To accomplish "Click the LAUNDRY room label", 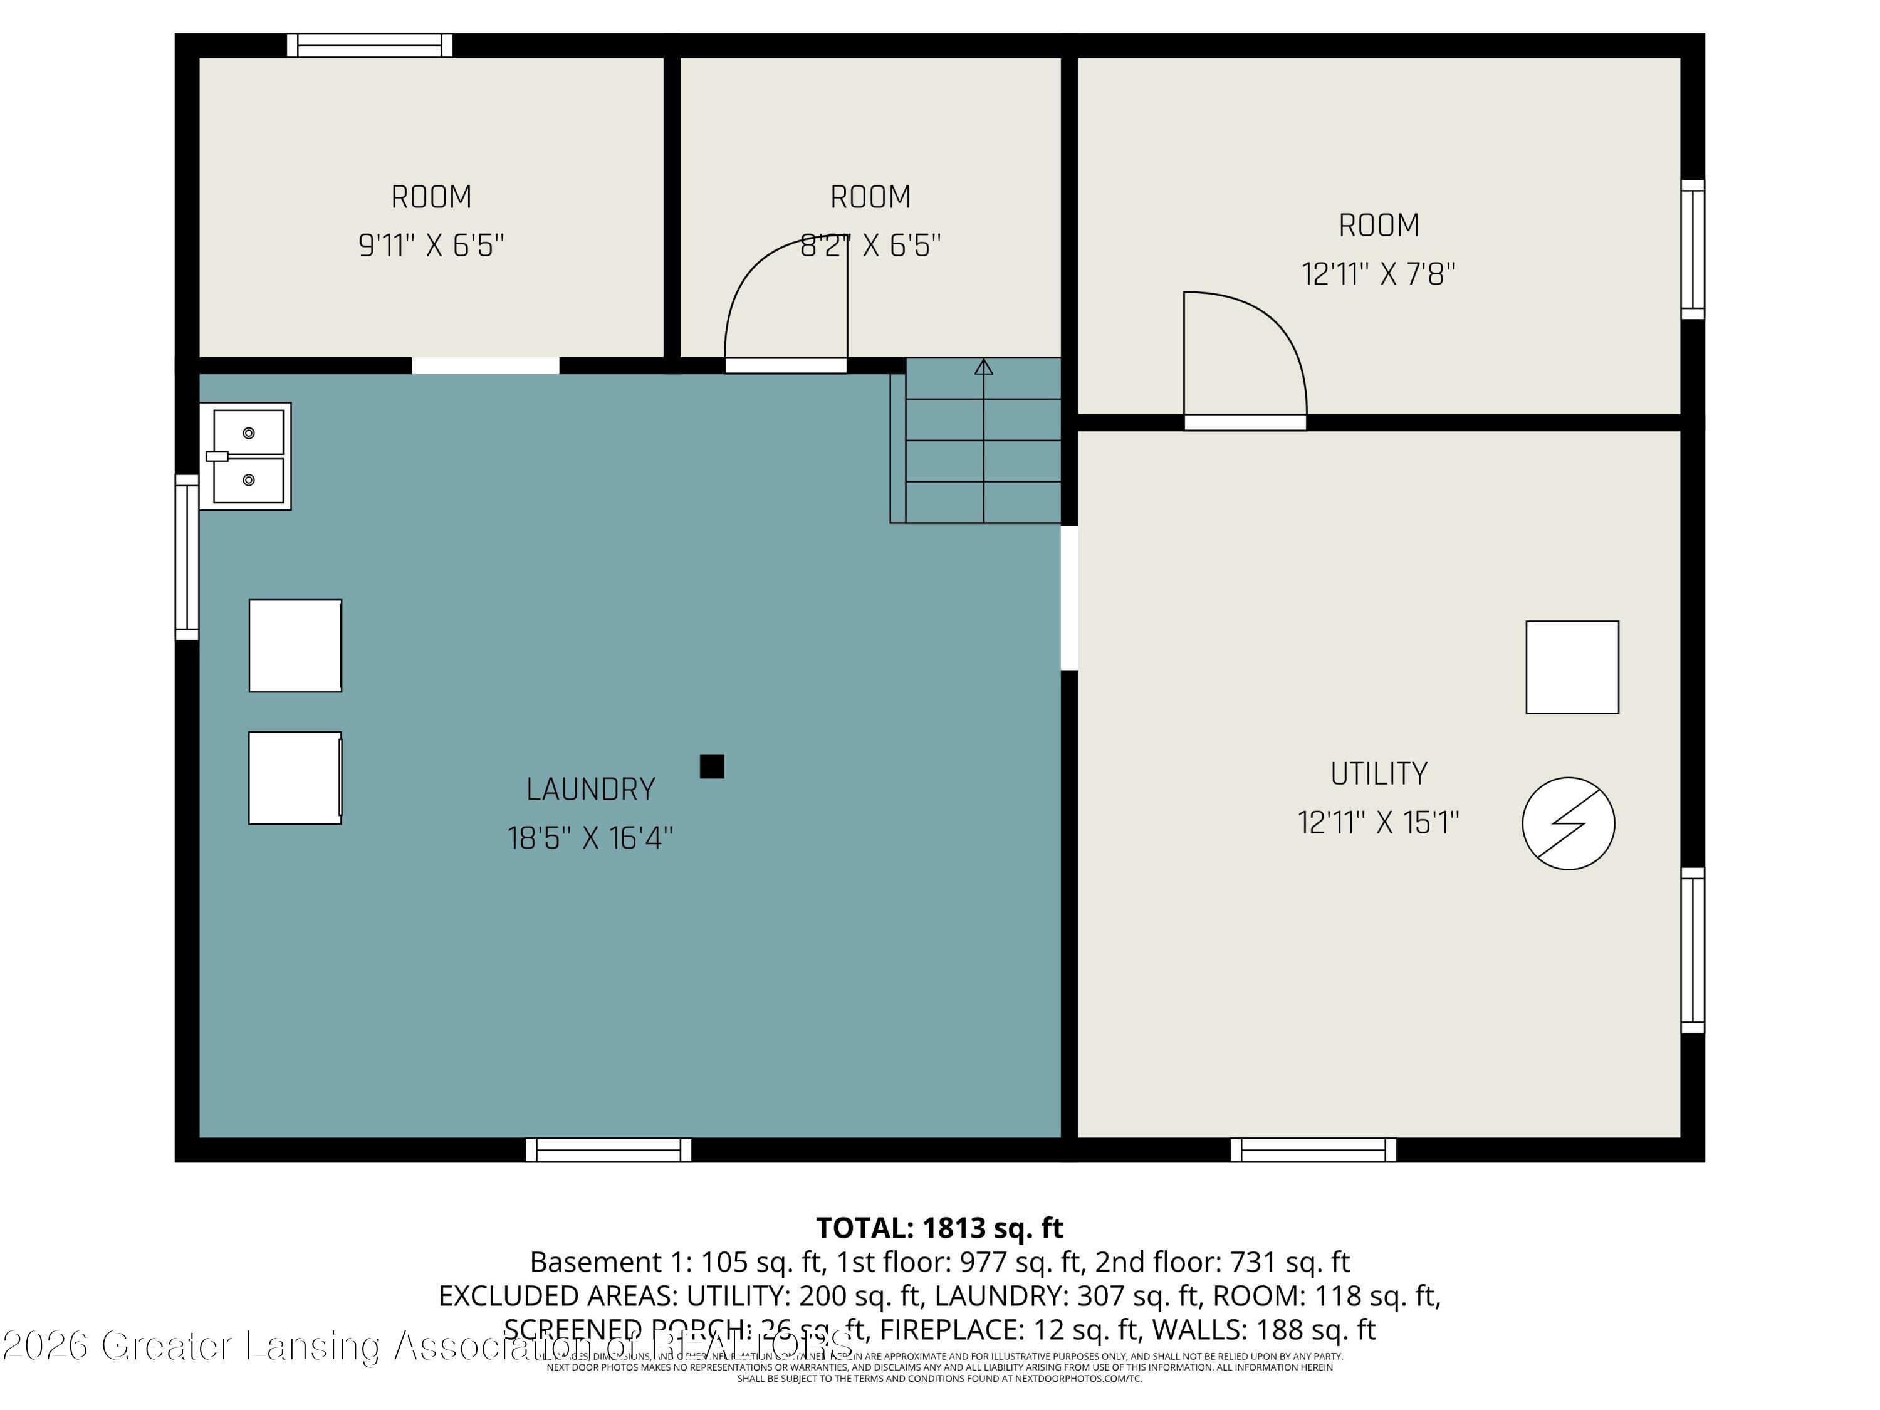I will click(x=591, y=790).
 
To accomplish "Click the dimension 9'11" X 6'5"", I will click(x=431, y=246).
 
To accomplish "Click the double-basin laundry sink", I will click(x=246, y=456).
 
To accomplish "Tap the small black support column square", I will click(x=711, y=766).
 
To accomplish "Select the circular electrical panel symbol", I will click(x=1568, y=823).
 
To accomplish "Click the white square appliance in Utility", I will click(x=1572, y=667).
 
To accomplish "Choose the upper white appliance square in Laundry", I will click(x=295, y=646).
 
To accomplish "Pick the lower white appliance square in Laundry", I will click(x=295, y=778).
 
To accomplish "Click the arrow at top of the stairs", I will click(x=983, y=367).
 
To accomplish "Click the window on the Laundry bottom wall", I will click(x=608, y=1150).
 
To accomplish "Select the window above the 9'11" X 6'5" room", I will click(x=369, y=45).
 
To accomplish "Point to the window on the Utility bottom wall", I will click(x=1313, y=1150).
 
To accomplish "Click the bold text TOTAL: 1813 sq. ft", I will click(x=939, y=1228).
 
